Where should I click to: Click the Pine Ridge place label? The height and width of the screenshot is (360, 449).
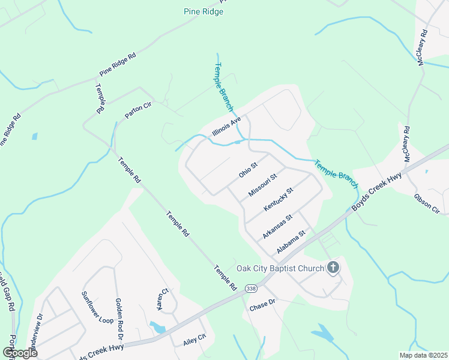[203, 11]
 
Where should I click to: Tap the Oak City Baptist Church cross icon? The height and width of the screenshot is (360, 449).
[333, 268]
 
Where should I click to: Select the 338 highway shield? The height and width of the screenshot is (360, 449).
[251, 289]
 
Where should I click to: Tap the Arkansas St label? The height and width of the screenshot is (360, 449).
[277, 226]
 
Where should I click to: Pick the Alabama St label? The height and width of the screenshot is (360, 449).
[291, 241]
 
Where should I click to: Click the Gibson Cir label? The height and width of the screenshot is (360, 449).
[427, 203]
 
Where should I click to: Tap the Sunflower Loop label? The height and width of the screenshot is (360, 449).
[97, 308]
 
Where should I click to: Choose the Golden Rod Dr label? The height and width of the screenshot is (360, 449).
[118, 311]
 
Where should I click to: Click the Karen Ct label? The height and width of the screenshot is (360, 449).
[160, 299]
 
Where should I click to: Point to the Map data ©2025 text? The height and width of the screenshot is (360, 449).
[423, 355]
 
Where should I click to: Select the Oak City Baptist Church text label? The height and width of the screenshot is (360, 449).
[280, 268]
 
